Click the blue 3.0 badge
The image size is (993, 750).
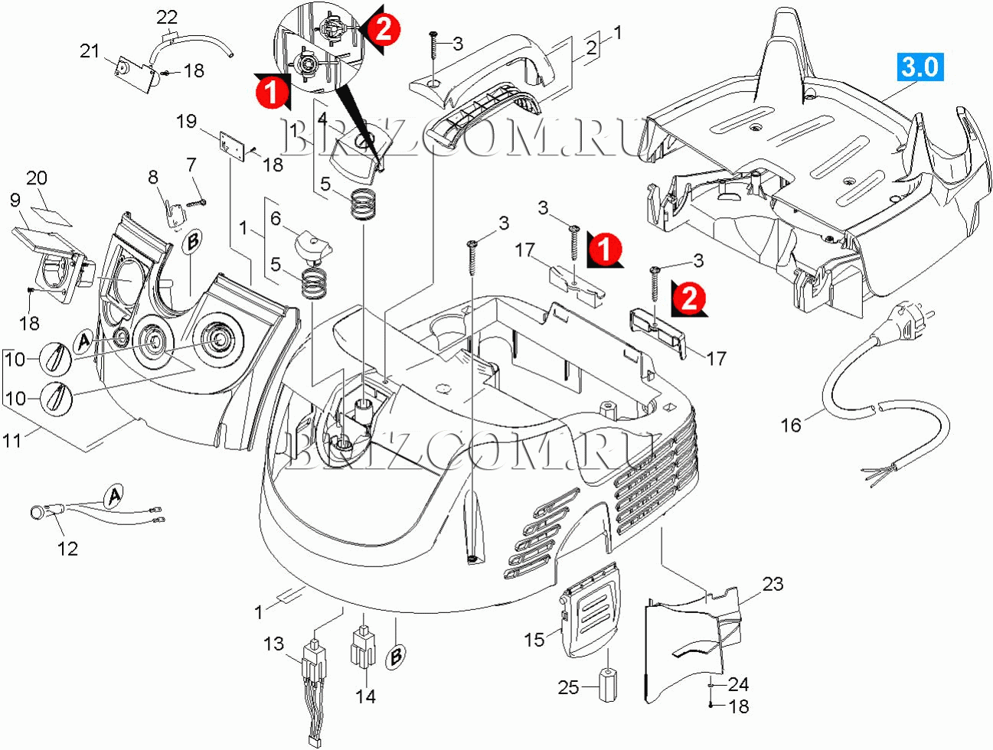tap(920, 67)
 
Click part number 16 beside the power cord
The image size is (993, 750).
tap(791, 424)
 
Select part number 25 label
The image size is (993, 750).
tap(568, 687)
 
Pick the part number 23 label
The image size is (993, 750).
tap(773, 584)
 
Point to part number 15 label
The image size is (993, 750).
tap(534, 638)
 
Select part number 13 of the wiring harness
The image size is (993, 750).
tap(273, 644)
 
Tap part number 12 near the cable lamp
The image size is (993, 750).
tap(67, 548)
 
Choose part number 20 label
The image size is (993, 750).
tap(36, 178)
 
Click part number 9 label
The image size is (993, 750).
tap(15, 201)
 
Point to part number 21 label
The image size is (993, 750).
tap(90, 51)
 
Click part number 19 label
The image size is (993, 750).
tap(186, 121)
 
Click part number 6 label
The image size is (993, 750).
tap(276, 219)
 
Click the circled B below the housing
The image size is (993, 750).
tap(396, 657)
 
